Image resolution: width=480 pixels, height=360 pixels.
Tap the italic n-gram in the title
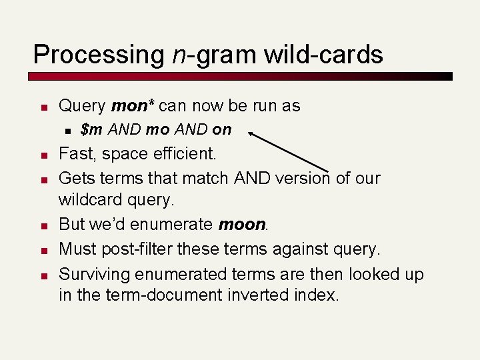pyautogui.click(x=211, y=54)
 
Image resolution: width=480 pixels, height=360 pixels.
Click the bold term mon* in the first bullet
pyautogui.click(x=133, y=106)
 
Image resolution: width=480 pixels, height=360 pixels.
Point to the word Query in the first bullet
pyautogui.click(x=82, y=106)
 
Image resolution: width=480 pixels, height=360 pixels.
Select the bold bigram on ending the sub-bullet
pyautogui.click(x=222, y=129)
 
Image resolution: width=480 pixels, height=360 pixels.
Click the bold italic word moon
pyautogui.click(x=242, y=225)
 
